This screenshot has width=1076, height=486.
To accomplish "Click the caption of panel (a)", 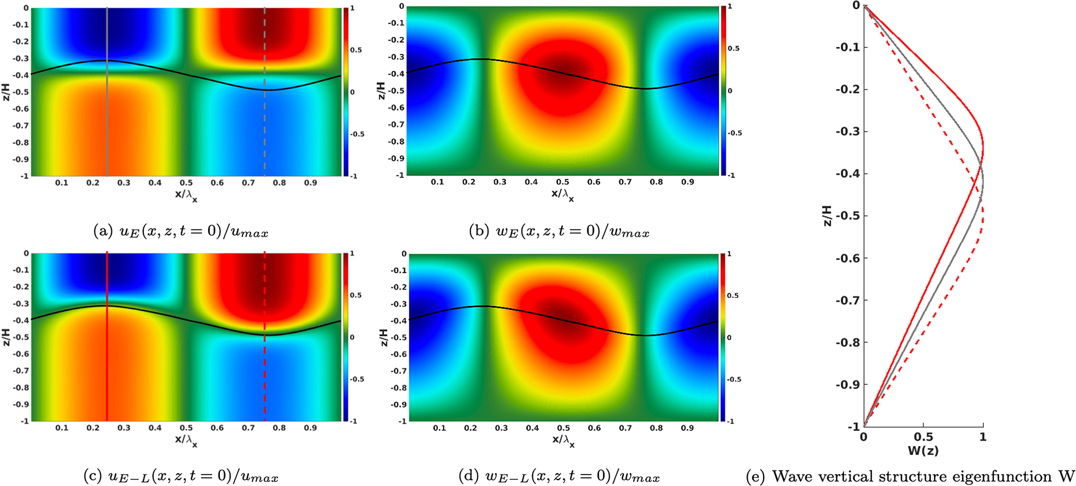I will coord(181,232).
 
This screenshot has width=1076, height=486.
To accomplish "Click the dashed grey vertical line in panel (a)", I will coord(264,130).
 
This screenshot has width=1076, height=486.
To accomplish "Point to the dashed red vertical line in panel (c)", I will coord(264,375).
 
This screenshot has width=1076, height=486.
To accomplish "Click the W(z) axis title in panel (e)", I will coord(923,451).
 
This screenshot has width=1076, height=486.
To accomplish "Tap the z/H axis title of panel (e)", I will coord(827,215).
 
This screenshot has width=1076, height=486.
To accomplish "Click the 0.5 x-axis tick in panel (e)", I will coord(923,438).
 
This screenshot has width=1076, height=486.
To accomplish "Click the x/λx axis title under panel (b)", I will coord(563,195).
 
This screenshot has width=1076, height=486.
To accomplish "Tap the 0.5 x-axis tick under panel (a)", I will coord(186,183).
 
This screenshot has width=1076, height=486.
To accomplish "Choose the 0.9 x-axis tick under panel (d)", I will coord(688,428).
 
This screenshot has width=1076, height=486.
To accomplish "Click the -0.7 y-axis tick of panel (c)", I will coord(20,371).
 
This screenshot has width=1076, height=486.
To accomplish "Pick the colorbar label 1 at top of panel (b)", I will coord(729,7).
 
